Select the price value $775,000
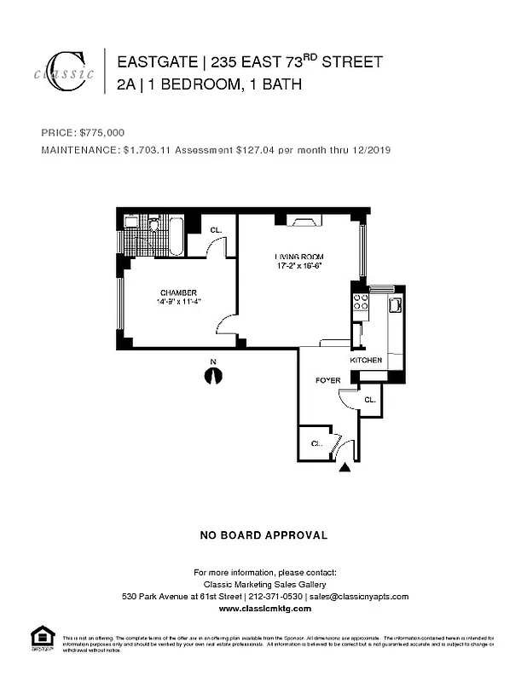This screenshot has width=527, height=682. tap(102, 133)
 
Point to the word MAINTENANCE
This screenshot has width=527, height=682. tap(79, 150)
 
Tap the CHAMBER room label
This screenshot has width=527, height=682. tap(178, 292)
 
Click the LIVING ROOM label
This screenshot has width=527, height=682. tap(298, 257)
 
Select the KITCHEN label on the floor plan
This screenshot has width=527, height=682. tap(367, 361)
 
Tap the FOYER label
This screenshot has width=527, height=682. tap(327, 380)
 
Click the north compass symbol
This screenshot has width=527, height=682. tap(213, 375)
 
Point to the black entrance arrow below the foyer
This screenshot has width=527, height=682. tap(345, 466)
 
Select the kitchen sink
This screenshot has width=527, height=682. tap(395, 304)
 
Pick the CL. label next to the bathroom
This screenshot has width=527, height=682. tap(216, 228)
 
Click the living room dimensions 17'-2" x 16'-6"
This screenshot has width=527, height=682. tap(298, 266)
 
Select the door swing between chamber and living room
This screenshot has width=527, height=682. tap(228, 325)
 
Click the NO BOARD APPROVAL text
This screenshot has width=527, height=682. tap(263, 535)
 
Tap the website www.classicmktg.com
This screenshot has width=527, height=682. tap(264, 609)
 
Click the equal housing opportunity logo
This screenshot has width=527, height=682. tap(42, 638)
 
